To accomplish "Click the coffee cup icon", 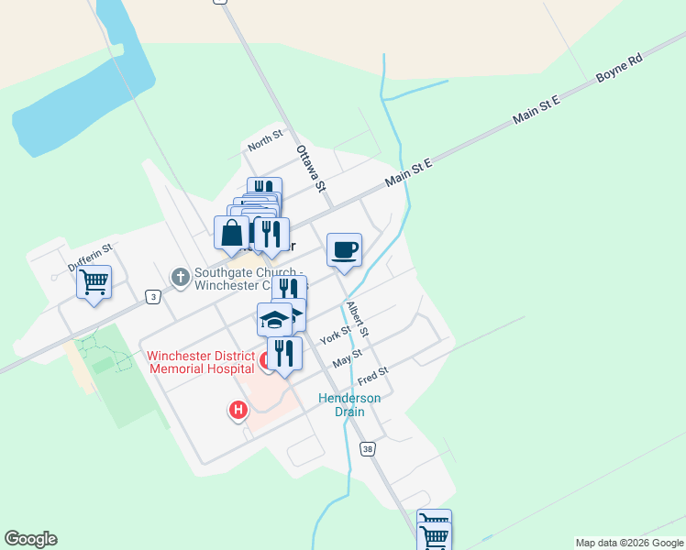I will (x=344, y=250).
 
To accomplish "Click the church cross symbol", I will (x=181, y=275).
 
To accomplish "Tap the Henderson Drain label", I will (x=349, y=404).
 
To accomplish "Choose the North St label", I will (x=266, y=144).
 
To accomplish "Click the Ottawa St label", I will (x=311, y=168).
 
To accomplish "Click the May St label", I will (x=348, y=357).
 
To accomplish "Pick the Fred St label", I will (x=373, y=376).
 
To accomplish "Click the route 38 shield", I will (x=368, y=449).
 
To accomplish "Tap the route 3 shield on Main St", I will (x=152, y=296).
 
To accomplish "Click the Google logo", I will (x=30, y=539).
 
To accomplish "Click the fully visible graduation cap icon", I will (x=274, y=319).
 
